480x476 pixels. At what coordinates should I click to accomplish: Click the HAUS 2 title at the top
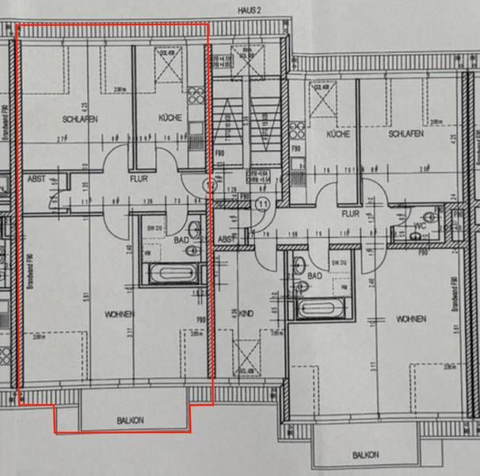pyautogui.click(x=248, y=10)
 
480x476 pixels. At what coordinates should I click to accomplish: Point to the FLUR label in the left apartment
pyautogui.click(x=139, y=179)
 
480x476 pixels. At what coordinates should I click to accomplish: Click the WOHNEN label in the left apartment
pyautogui.click(x=119, y=314)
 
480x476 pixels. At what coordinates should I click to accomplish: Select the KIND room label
pyautogui.click(x=246, y=315)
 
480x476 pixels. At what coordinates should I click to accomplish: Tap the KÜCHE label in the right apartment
pyautogui.click(x=338, y=135)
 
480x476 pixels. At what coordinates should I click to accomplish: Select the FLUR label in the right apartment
pyautogui.click(x=350, y=213)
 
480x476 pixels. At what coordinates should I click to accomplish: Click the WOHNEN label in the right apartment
pyautogui.click(x=411, y=319)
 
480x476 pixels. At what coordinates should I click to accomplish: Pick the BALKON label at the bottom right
pyautogui.click(x=365, y=455)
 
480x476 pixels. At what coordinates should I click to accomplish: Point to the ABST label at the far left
pyautogui.click(x=36, y=179)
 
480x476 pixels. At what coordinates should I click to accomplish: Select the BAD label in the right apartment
pyautogui.click(x=314, y=275)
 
